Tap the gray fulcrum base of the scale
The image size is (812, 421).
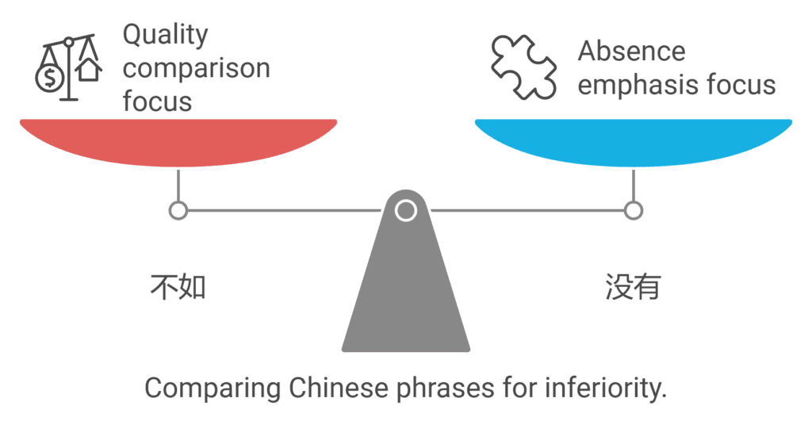tap(406, 301)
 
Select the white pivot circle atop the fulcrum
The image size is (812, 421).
tap(406, 210)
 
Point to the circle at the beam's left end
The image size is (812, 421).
tap(178, 211)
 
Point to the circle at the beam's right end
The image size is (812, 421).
tap(633, 211)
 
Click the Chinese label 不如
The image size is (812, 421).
tap(178, 288)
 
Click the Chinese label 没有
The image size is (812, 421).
tap(633, 288)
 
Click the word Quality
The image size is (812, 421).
tap(164, 34)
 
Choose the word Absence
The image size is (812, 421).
tap(631, 52)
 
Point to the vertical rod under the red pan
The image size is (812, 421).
tap(178, 186)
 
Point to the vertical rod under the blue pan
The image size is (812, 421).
tap(633, 186)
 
